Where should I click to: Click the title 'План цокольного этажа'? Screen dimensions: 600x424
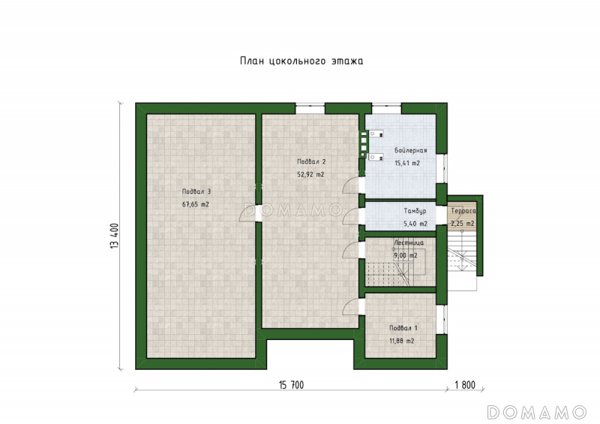301,62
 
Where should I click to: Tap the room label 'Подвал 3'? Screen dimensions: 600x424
196,191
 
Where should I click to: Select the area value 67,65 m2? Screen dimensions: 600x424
196,205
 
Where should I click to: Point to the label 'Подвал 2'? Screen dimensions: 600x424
311,161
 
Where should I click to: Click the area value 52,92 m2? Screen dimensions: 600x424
310,175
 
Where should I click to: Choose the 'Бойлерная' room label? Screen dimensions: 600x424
410,151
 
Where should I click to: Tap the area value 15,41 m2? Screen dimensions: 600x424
407,163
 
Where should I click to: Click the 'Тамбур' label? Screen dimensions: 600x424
415,211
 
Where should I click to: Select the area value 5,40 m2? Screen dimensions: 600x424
415,224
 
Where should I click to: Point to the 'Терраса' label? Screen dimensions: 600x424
463,211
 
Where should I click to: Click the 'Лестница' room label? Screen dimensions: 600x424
409,243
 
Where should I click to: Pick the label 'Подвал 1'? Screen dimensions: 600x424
403,328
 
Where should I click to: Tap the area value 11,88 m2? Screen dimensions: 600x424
402,341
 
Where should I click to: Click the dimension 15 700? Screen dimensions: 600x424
292,384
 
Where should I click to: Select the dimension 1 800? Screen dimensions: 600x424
465,384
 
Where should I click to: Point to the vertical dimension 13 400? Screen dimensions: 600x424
115,236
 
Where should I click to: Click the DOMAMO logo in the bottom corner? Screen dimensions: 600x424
537,412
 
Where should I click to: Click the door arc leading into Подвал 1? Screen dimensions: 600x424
350,306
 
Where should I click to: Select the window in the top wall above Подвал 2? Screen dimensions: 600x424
310,108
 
